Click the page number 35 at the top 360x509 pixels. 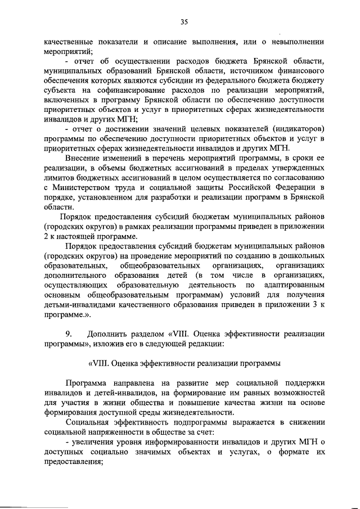[x=183, y=22]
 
